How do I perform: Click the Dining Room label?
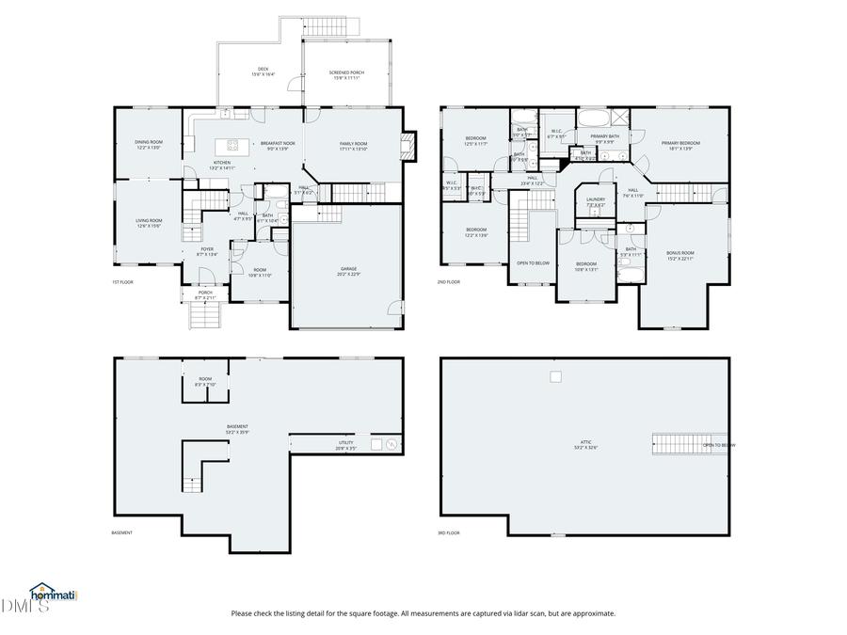148,145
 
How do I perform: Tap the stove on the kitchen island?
228,146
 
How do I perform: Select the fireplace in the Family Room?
406,144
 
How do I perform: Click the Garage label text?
348,271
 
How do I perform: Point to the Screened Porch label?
346,74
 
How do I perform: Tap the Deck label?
264,71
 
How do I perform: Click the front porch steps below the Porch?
204,315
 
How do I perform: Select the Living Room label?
149,223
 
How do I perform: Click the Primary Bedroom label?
679,145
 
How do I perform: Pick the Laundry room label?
595,201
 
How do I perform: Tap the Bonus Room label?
679,254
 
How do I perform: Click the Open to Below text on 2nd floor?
533,262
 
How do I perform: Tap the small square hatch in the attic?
555,376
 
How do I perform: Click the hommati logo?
54,594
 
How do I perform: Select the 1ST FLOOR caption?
122,281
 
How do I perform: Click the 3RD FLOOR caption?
449,532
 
